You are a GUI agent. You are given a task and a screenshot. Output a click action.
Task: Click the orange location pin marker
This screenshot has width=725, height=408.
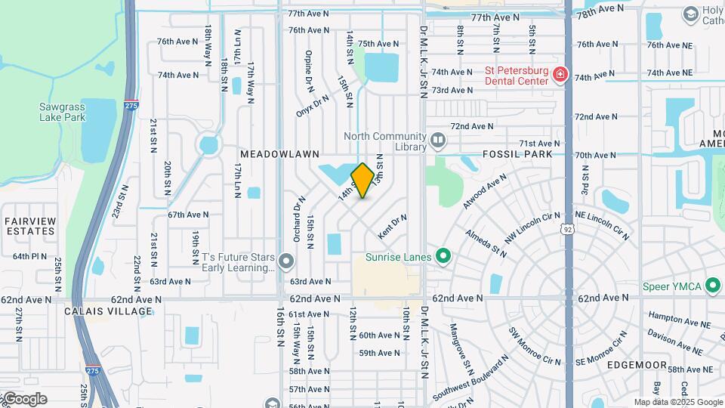point(362,180)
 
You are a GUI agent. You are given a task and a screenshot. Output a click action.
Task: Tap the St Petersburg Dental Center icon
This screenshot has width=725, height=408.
point(560,74)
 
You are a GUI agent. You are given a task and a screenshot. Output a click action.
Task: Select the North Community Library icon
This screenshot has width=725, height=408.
point(437,141)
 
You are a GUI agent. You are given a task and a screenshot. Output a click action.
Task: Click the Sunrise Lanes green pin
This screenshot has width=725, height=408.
point(443,257)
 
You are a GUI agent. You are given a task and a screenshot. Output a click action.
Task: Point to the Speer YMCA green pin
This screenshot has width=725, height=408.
point(711,286)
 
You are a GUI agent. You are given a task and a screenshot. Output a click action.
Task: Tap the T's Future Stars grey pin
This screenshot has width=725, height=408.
point(285,262)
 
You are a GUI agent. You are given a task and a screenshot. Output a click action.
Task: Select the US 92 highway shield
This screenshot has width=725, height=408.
point(568,228)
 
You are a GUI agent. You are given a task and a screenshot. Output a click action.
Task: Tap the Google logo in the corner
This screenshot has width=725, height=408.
point(25,398)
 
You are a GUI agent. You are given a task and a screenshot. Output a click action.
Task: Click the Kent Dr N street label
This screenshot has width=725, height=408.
point(393,228)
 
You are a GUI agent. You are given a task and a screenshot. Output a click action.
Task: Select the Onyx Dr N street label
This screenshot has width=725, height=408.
point(313,106)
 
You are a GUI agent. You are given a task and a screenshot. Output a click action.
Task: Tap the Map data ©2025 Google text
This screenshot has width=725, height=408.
point(677,402)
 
